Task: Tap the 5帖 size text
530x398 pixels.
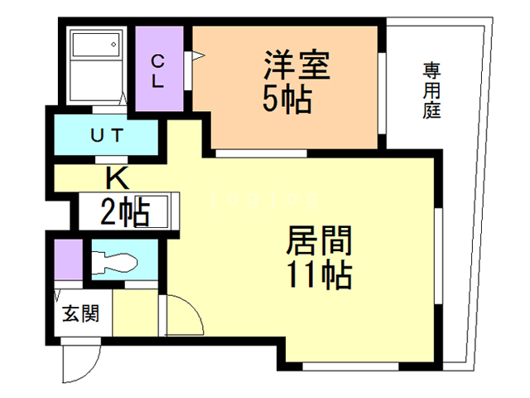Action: (287, 99)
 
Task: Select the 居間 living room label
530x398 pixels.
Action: (319, 241)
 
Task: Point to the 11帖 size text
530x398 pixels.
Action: (320, 273)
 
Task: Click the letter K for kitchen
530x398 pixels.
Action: (116, 177)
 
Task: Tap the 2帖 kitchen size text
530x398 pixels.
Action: (125, 213)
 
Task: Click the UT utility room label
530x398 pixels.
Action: (108, 135)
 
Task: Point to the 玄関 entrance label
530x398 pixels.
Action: (81, 314)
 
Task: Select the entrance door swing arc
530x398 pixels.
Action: (76, 361)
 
